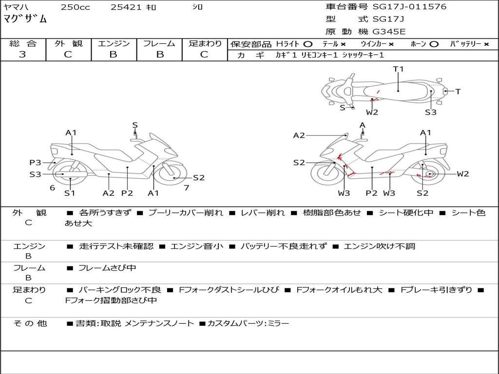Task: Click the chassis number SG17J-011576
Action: (x=409, y=6)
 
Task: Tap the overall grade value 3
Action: (x=22, y=54)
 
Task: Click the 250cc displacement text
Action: (x=76, y=7)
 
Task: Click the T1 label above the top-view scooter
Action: (x=398, y=69)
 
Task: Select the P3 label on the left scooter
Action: (x=35, y=163)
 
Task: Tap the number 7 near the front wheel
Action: (x=187, y=187)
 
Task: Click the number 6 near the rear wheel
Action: (x=53, y=187)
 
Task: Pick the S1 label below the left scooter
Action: (x=70, y=193)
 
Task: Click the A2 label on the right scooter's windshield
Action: (x=299, y=135)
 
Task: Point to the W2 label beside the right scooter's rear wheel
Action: (x=463, y=174)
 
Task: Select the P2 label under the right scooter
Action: (x=371, y=193)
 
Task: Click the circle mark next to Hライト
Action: (x=308, y=44)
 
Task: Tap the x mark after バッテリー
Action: (x=486, y=44)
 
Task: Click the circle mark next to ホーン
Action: (x=434, y=44)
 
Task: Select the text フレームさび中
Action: (x=107, y=268)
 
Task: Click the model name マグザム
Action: (x=25, y=19)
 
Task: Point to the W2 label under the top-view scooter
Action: (x=372, y=112)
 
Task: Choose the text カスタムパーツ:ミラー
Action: (x=248, y=323)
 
